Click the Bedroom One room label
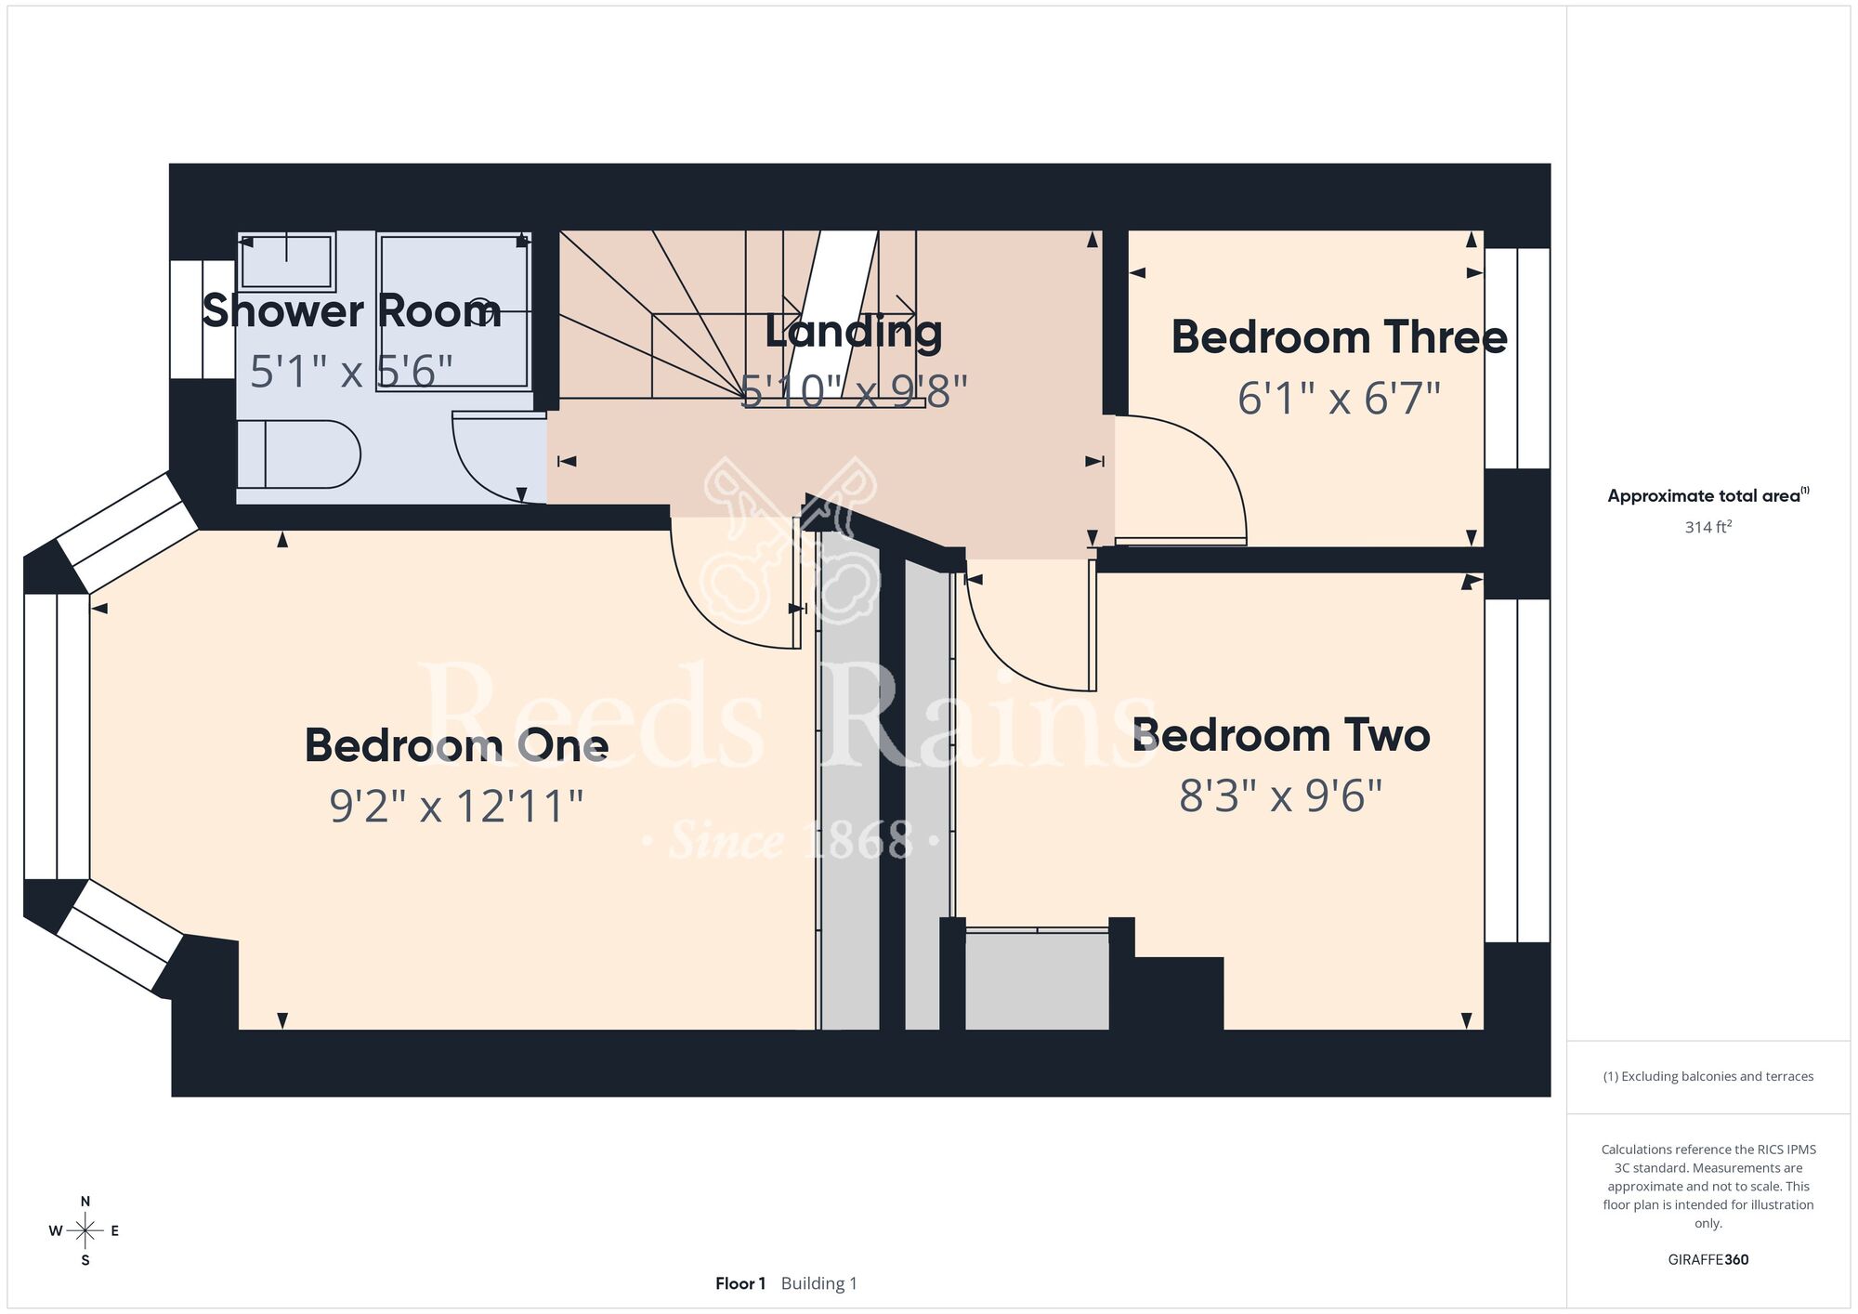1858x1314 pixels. coord(456,745)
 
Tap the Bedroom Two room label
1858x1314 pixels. coord(1281,736)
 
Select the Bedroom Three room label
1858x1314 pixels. coord(1339,337)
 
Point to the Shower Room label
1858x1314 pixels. coord(351,310)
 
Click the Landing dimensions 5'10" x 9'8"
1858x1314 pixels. coord(854,391)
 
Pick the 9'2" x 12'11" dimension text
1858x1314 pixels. coord(456,806)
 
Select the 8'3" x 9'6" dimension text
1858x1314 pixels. coord(1281,796)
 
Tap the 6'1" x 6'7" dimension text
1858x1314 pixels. coord(1339,399)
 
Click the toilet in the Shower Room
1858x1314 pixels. coord(298,454)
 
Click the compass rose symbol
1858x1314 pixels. coord(85,1231)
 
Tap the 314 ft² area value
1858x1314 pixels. coord(1708,527)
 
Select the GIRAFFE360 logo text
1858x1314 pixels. coord(1708,1260)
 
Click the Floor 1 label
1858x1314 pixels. coord(740,1283)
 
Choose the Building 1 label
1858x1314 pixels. coord(819,1283)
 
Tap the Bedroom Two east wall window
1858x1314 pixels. coord(1517,770)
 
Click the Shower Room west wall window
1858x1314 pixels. coord(203,320)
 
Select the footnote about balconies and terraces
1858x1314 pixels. coord(1708,1076)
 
